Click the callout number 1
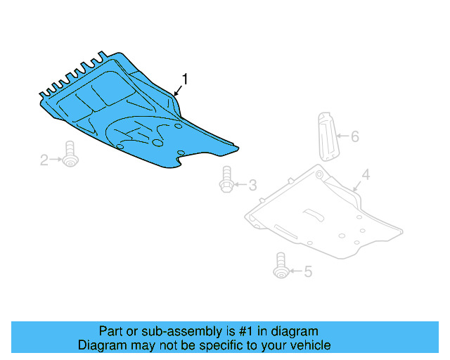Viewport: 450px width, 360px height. click(x=186, y=78)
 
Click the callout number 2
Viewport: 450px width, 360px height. click(x=44, y=161)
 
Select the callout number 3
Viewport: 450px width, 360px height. click(x=252, y=186)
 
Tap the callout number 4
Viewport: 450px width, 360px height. click(x=366, y=174)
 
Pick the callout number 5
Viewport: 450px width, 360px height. click(x=307, y=271)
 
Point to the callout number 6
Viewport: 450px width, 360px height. click(x=354, y=136)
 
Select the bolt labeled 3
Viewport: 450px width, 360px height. click(x=226, y=179)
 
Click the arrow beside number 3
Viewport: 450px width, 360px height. click(x=240, y=186)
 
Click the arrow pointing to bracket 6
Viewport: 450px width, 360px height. click(x=342, y=136)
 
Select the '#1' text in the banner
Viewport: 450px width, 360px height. click(x=252, y=331)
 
